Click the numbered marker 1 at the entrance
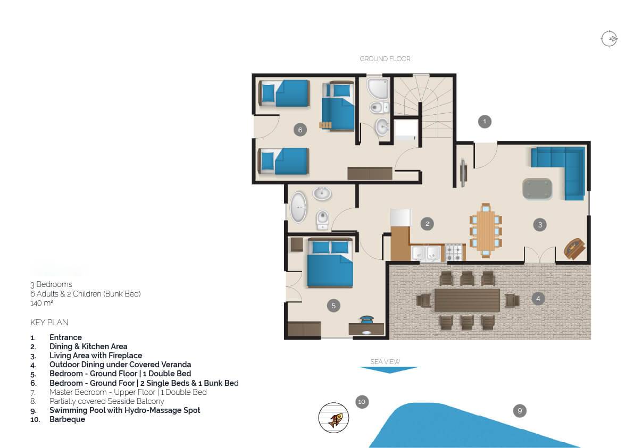coord(485,122)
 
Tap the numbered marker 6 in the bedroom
coord(300,130)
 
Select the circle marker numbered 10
coord(362,402)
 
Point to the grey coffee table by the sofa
coord(537,189)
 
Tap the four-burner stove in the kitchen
coord(454,253)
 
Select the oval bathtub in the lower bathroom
coord(298,207)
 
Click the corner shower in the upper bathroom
coord(378,88)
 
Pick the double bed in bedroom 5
coord(330,263)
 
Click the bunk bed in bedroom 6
coord(338,107)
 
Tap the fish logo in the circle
coord(333,418)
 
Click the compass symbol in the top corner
coord(609,39)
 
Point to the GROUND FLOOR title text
coord(385,59)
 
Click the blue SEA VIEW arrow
coord(389,370)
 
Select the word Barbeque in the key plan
coord(67,419)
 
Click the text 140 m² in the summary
coord(41,303)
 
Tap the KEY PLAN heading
coord(49,323)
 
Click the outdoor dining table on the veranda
coord(467,300)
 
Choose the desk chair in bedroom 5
coord(367,319)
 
